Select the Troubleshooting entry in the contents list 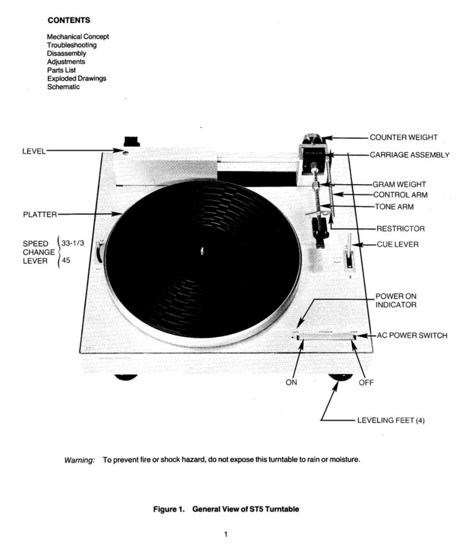pyautogui.click(x=72, y=45)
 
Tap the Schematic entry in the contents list pyautogui.click(x=63, y=87)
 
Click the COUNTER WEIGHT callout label pyautogui.click(x=403, y=137)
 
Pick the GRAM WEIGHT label pyautogui.click(x=399, y=184)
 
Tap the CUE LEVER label pyautogui.click(x=397, y=244)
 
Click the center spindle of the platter pyautogui.click(x=202, y=251)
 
